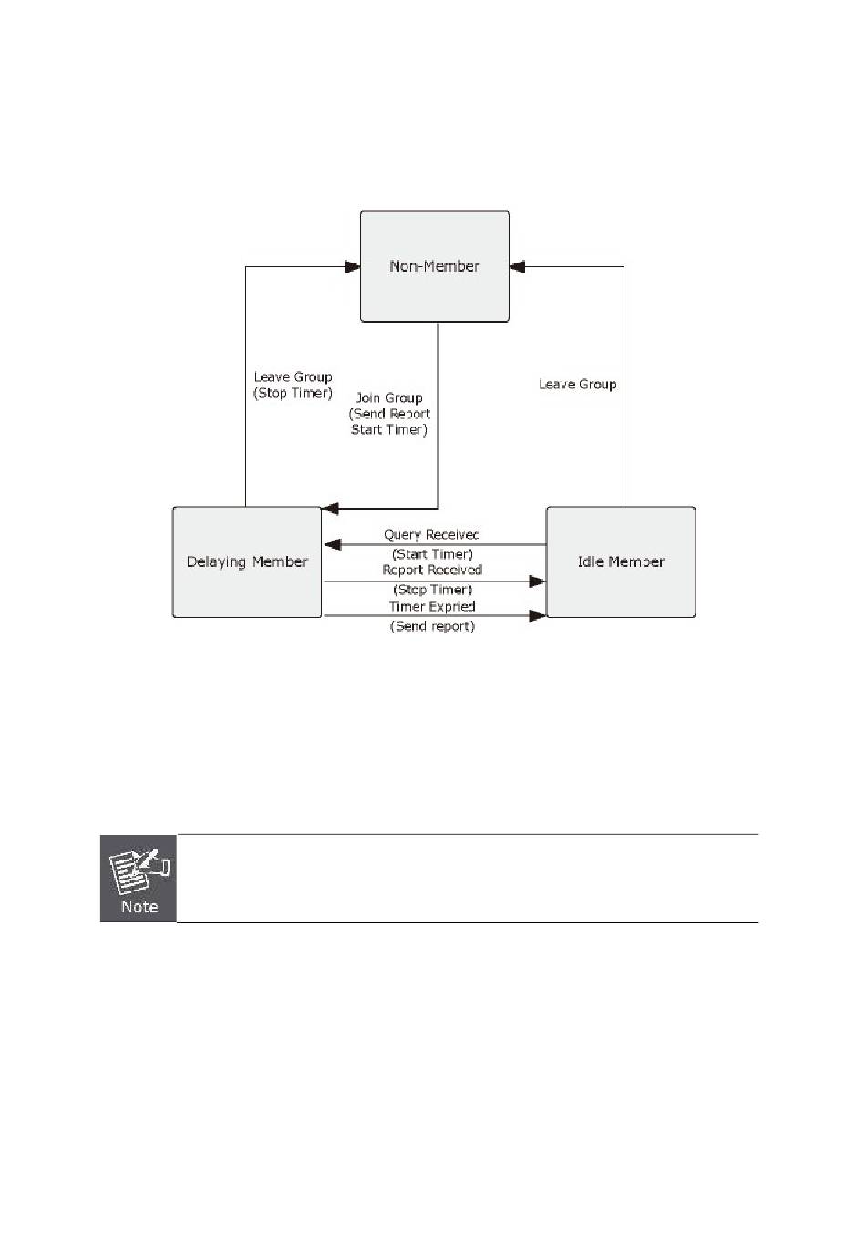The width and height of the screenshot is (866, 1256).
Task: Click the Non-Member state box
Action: (435, 266)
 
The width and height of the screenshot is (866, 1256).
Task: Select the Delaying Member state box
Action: (247, 562)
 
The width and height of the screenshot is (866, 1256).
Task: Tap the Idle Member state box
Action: (621, 562)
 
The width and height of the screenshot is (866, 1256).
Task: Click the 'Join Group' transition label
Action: (389, 398)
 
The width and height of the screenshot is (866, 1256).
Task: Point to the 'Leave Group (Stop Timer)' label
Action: (293, 385)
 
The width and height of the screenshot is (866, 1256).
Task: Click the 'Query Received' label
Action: (432, 535)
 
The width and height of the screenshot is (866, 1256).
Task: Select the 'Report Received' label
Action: (432, 571)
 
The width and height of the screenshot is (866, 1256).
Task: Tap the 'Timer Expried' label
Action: (432, 607)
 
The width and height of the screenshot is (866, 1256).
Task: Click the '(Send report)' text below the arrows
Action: (432, 626)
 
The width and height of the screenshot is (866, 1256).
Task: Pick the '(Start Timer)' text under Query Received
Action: (432, 554)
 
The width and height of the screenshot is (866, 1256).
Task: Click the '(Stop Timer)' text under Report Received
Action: (432, 590)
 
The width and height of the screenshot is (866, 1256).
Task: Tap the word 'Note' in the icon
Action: (139, 907)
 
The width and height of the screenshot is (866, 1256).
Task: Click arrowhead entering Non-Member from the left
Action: (353, 266)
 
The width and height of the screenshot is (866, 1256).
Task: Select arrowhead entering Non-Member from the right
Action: (518, 266)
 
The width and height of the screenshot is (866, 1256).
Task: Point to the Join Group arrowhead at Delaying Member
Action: (330, 509)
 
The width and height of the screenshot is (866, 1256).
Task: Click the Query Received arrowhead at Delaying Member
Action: (333, 545)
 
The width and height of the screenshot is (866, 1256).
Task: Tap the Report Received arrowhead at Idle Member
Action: (538, 581)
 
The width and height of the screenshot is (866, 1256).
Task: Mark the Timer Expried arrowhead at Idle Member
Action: (538, 616)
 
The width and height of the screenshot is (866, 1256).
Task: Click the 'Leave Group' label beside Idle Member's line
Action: (577, 385)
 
